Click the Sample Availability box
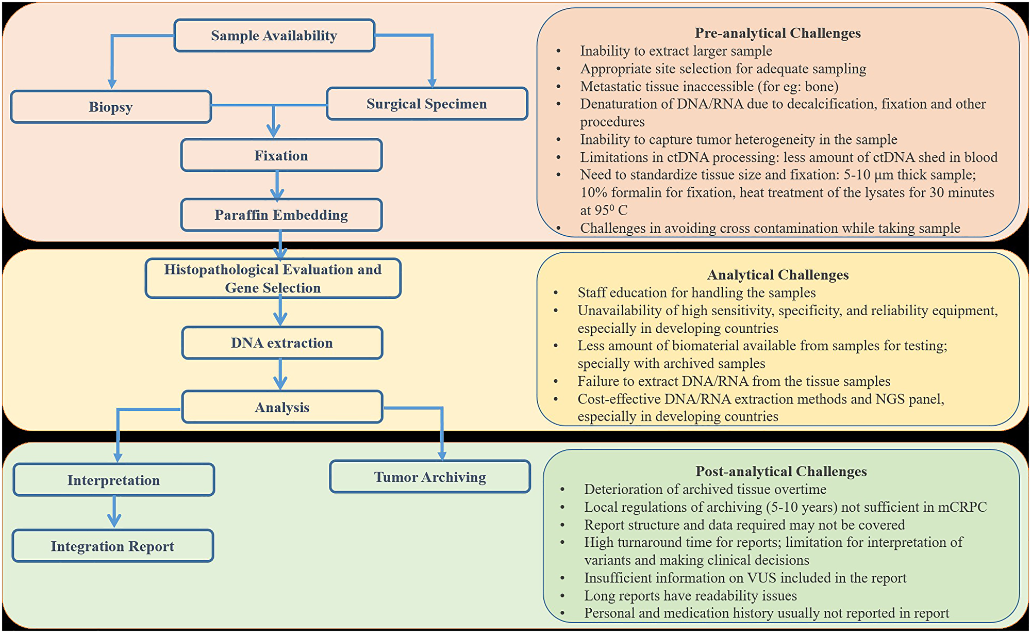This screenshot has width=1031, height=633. [x=274, y=36]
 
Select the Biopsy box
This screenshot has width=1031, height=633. [x=111, y=107]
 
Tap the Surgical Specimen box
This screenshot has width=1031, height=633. [x=426, y=104]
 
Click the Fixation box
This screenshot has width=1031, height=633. [x=281, y=155]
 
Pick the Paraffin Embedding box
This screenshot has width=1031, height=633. [x=281, y=215]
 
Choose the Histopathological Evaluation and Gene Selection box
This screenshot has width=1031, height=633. [x=273, y=279]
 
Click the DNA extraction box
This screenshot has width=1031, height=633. [x=281, y=343]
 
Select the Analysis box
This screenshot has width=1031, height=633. [x=281, y=407]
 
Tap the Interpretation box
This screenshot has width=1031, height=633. [x=113, y=480]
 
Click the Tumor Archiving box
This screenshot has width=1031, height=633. [x=430, y=477]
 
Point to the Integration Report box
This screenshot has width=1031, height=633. [x=112, y=546]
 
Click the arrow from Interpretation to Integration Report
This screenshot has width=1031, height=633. [x=114, y=512]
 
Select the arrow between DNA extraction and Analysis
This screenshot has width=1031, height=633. [x=280, y=375]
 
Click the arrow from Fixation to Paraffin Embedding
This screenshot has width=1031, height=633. [x=277, y=185]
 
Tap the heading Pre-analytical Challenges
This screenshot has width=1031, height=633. [x=777, y=33]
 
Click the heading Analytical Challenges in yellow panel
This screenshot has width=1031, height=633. [x=777, y=274]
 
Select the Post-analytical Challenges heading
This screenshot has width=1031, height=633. [x=780, y=471]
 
